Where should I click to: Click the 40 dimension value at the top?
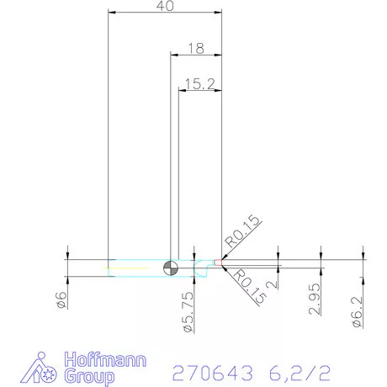(x=166, y=6)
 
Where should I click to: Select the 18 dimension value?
(x=195, y=49)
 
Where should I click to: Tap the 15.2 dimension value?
(x=199, y=83)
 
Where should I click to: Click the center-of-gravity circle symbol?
(x=171, y=267)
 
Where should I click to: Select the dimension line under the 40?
(x=166, y=13)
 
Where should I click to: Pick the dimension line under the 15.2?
(x=199, y=91)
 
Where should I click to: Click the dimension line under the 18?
(x=195, y=56)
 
